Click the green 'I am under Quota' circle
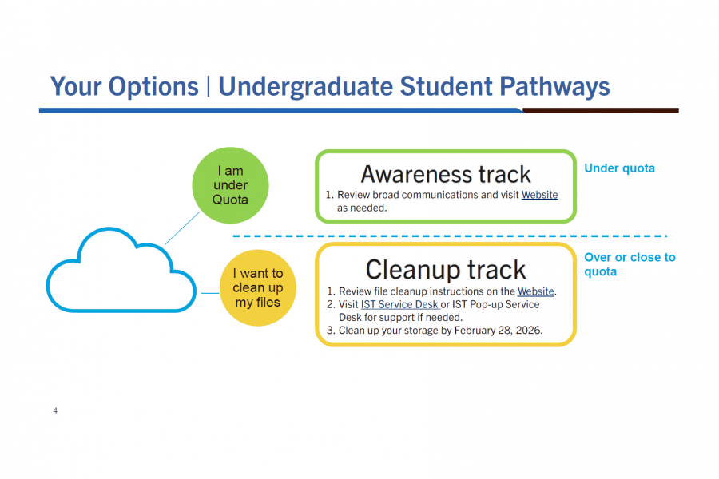230,184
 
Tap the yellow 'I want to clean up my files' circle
257,287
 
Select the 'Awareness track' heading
446,174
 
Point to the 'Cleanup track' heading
446,270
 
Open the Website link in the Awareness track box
540,195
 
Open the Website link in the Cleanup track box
535,291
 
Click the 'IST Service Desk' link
399,304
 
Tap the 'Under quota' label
619,168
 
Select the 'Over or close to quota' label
630,264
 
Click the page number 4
55,411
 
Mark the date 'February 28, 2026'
496,330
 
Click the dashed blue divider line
447,236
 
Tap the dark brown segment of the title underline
600,110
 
